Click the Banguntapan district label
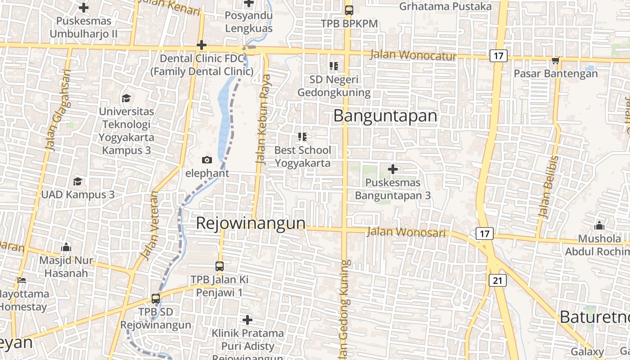click(385, 116)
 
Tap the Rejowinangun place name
click(251, 223)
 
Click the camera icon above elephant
click(207, 160)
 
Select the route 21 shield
click(497, 281)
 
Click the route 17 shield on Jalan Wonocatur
click(498, 56)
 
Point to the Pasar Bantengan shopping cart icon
click(555, 61)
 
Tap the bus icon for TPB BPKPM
click(349, 10)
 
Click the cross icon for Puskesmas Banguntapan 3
click(393, 169)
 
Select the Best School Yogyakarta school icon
click(302, 136)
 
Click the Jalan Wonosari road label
click(406, 232)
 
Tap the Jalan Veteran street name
click(150, 226)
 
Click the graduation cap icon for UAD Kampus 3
click(78, 181)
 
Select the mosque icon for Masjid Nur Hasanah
click(66, 247)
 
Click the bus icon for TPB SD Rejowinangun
click(156, 298)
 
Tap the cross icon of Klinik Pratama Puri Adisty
click(247, 320)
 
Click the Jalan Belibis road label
click(548, 187)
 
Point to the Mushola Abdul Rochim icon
click(599, 225)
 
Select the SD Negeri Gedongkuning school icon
click(333, 66)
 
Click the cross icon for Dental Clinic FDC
click(202, 45)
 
